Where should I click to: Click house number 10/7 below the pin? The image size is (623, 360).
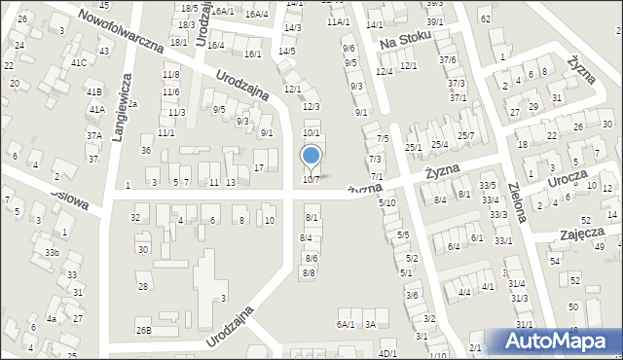(x=311, y=179)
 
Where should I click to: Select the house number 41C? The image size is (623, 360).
(x=78, y=63)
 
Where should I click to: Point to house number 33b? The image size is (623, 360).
(x=51, y=254)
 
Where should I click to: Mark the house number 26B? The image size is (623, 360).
(x=143, y=331)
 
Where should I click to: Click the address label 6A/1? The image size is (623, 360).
(x=346, y=324)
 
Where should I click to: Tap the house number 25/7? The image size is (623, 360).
(x=466, y=135)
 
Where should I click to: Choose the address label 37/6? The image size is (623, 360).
(x=447, y=59)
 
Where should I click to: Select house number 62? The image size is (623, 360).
(x=486, y=18)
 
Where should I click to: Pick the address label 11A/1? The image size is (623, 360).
(x=338, y=21)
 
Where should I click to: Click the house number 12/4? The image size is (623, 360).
(x=384, y=71)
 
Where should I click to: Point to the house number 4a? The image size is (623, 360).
(x=51, y=318)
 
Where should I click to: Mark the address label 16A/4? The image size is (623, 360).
(x=256, y=14)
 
